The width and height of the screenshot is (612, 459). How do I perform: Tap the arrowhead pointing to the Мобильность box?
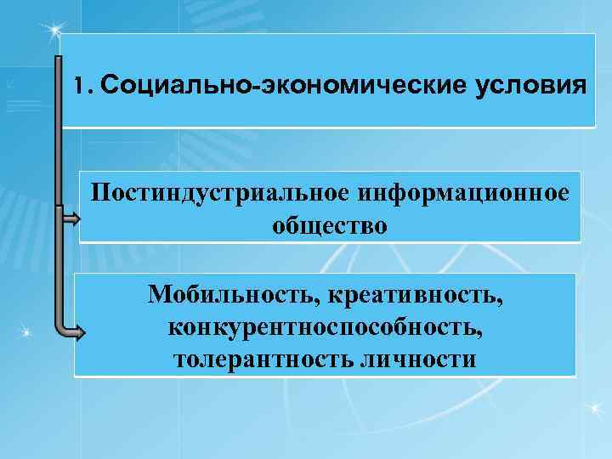[77, 333]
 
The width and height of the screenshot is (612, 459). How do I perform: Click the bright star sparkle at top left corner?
[55, 31]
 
